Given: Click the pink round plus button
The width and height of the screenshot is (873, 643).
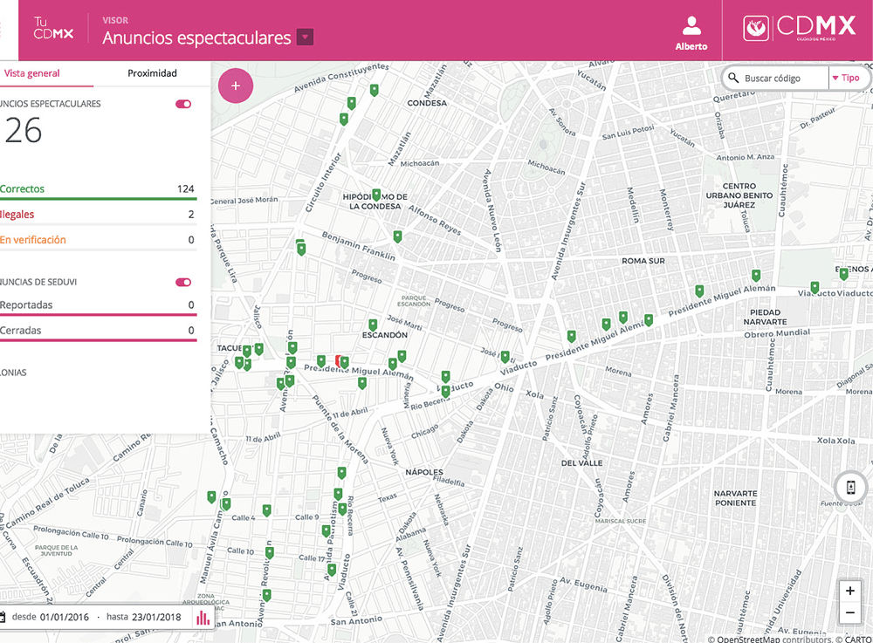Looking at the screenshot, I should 236,86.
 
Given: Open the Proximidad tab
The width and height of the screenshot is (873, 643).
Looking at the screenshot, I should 152,73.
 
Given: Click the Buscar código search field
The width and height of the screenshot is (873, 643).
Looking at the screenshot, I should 782,79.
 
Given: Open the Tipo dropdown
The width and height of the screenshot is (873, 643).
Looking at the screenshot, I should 846,79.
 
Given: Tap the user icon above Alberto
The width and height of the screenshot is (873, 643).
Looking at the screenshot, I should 691,25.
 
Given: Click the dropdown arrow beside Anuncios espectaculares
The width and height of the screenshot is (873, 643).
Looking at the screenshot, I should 305,38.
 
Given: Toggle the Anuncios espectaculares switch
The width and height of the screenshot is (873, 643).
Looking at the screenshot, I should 183,104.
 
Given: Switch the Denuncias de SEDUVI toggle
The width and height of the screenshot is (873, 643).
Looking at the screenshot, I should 183,283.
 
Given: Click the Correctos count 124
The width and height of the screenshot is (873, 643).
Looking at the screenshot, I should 185,189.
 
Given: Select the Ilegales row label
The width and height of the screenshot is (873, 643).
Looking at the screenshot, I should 17,215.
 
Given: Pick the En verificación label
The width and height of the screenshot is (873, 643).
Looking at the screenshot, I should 33,240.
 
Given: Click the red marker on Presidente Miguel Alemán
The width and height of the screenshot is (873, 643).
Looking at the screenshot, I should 339,360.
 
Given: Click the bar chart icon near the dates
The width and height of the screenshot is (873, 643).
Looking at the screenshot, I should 203,618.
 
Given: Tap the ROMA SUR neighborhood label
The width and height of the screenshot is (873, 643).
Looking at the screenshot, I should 643,261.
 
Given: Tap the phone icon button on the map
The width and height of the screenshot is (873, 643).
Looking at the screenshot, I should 850,487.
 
